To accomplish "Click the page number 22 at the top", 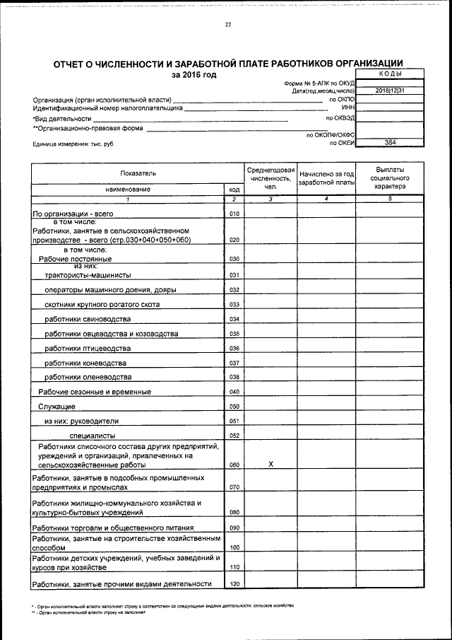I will coord(228,25).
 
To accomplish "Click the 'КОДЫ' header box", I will coord(390,74).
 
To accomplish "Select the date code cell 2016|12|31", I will coord(390,91).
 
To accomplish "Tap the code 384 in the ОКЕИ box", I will coord(390,143).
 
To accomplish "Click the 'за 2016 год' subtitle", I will coord(194,75).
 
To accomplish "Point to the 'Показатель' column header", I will coord(135,173).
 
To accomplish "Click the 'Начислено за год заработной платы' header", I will coord(326,178).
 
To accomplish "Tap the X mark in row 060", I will coord(270,465).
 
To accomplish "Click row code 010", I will coord(235,214).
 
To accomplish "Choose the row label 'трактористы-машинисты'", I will coord(88,275).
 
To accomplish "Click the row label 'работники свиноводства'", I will coord(88,320).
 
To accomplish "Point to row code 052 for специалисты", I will coord(235,436).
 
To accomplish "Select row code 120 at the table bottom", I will coord(235,584).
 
